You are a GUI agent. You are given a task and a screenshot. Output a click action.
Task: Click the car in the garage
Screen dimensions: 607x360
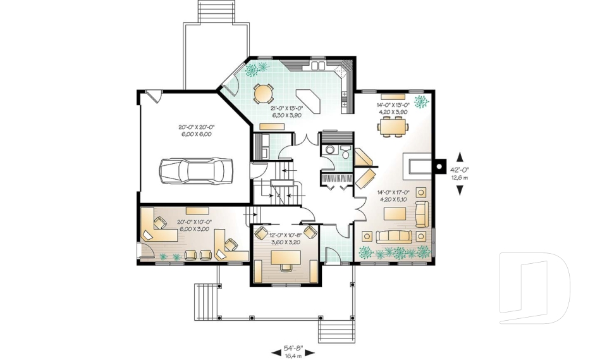pyautogui.click(x=196, y=170)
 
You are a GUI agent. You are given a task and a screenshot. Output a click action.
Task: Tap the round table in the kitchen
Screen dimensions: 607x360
pyautogui.click(x=263, y=94)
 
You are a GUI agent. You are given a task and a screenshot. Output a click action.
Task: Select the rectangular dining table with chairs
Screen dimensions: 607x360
pyautogui.click(x=393, y=128)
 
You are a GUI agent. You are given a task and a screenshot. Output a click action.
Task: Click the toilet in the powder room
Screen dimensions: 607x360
pyautogui.click(x=330, y=149)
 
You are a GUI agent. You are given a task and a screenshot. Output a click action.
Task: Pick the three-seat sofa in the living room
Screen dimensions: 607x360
pyautogui.click(x=394, y=237)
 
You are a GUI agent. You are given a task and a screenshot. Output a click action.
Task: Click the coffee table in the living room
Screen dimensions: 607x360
pyautogui.click(x=395, y=214)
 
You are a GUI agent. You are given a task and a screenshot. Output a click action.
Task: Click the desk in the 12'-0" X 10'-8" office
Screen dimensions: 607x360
pyautogui.click(x=286, y=258)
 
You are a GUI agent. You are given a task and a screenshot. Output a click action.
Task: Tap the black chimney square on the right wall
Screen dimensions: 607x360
pyautogui.click(x=439, y=166)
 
